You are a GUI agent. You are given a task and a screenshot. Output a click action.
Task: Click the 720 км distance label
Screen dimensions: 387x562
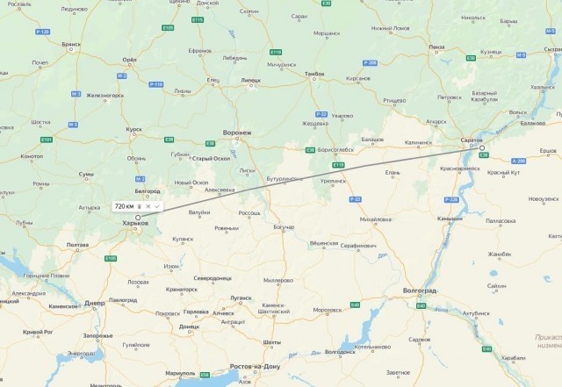coord(125,205)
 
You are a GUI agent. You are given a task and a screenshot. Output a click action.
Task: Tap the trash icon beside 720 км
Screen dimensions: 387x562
coord(139,205)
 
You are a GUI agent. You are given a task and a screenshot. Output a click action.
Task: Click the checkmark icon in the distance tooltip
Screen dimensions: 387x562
coord(156,205)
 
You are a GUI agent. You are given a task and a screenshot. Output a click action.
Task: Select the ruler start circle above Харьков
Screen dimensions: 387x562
coord(138,216)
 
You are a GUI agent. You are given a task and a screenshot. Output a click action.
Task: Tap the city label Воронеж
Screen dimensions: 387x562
coord(237,133)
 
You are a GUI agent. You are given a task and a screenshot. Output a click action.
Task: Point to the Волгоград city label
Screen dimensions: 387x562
coord(420,289)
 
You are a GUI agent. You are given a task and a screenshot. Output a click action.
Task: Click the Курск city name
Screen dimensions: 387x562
coord(134,129)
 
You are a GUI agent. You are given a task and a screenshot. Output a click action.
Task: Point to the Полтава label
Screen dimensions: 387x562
coord(77,245)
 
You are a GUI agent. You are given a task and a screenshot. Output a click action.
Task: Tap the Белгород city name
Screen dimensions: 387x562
coord(148,190)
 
